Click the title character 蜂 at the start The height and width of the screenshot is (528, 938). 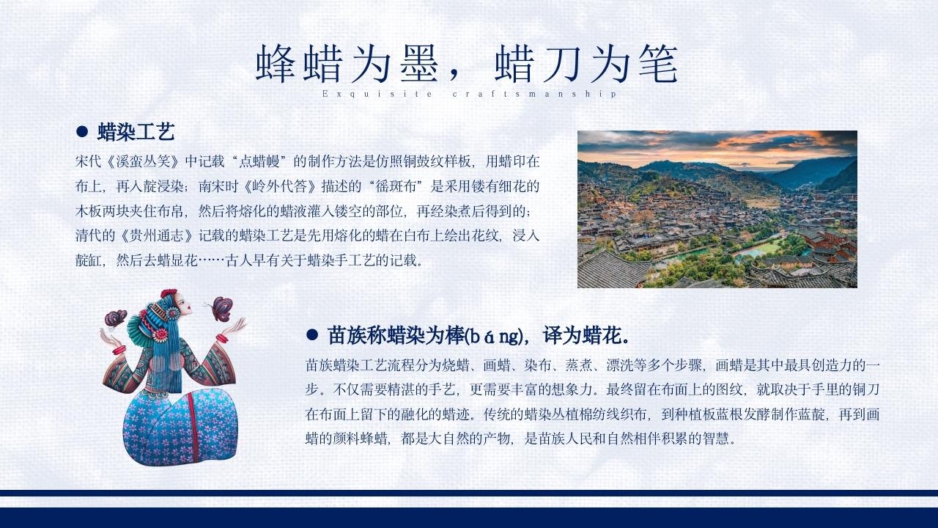point(275,65)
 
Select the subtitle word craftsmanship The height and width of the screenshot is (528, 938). point(535,94)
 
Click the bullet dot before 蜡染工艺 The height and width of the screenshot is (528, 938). point(82,132)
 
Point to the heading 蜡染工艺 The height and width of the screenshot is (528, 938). point(136,132)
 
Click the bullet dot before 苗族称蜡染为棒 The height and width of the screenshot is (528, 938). point(311,335)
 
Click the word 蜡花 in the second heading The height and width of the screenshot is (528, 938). point(602,336)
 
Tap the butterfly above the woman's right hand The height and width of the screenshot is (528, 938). point(115,319)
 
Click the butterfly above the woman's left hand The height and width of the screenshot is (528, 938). point(221,308)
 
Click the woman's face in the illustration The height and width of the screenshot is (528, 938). point(184,303)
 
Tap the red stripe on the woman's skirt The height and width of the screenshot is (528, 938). point(193,425)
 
